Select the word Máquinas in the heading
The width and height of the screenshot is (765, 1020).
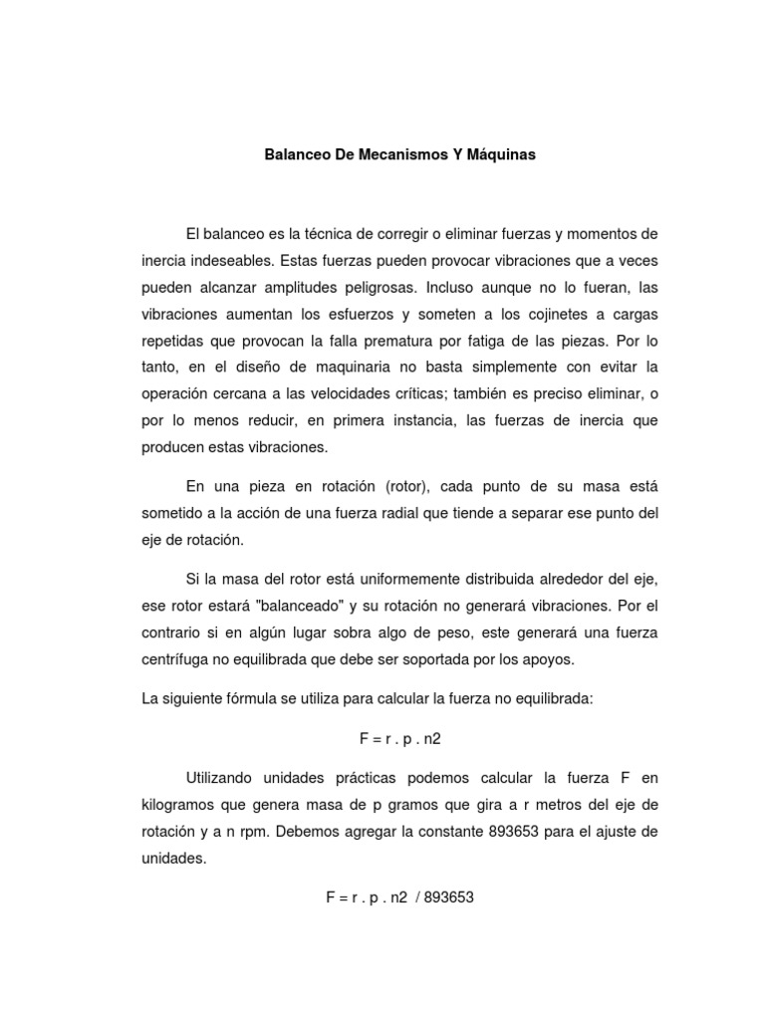coord(496,155)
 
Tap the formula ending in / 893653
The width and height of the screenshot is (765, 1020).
coord(399,897)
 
